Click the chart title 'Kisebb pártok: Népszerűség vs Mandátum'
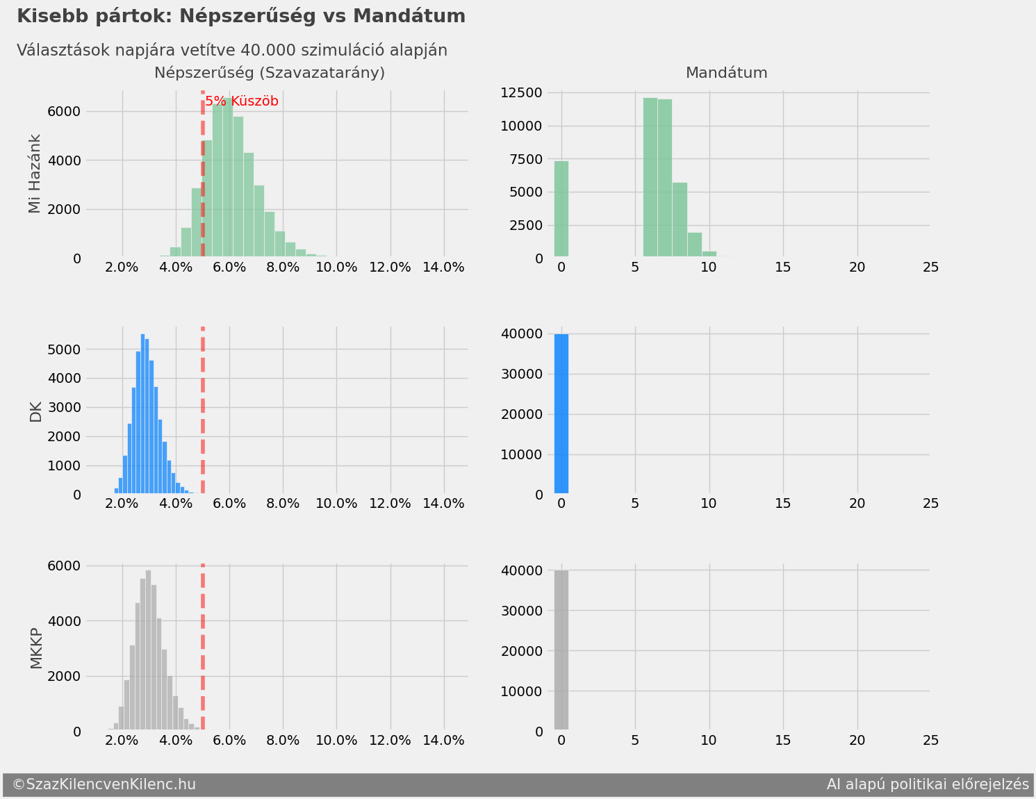[240, 17]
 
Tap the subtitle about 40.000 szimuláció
[231, 51]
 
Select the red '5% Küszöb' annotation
[242, 101]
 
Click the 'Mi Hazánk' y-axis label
[35, 174]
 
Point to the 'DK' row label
[35, 412]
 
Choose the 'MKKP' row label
[36, 648]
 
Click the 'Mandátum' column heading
[726, 73]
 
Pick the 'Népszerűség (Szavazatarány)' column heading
[269, 73]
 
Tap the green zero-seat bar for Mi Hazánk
[561, 209]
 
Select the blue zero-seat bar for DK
[561, 414]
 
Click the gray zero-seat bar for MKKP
[561, 650]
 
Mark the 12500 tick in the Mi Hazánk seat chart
[523, 93]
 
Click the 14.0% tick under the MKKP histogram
[443, 741]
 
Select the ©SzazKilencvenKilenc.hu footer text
[104, 785]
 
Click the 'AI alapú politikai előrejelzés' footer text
[927, 785]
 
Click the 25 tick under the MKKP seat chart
[930, 741]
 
